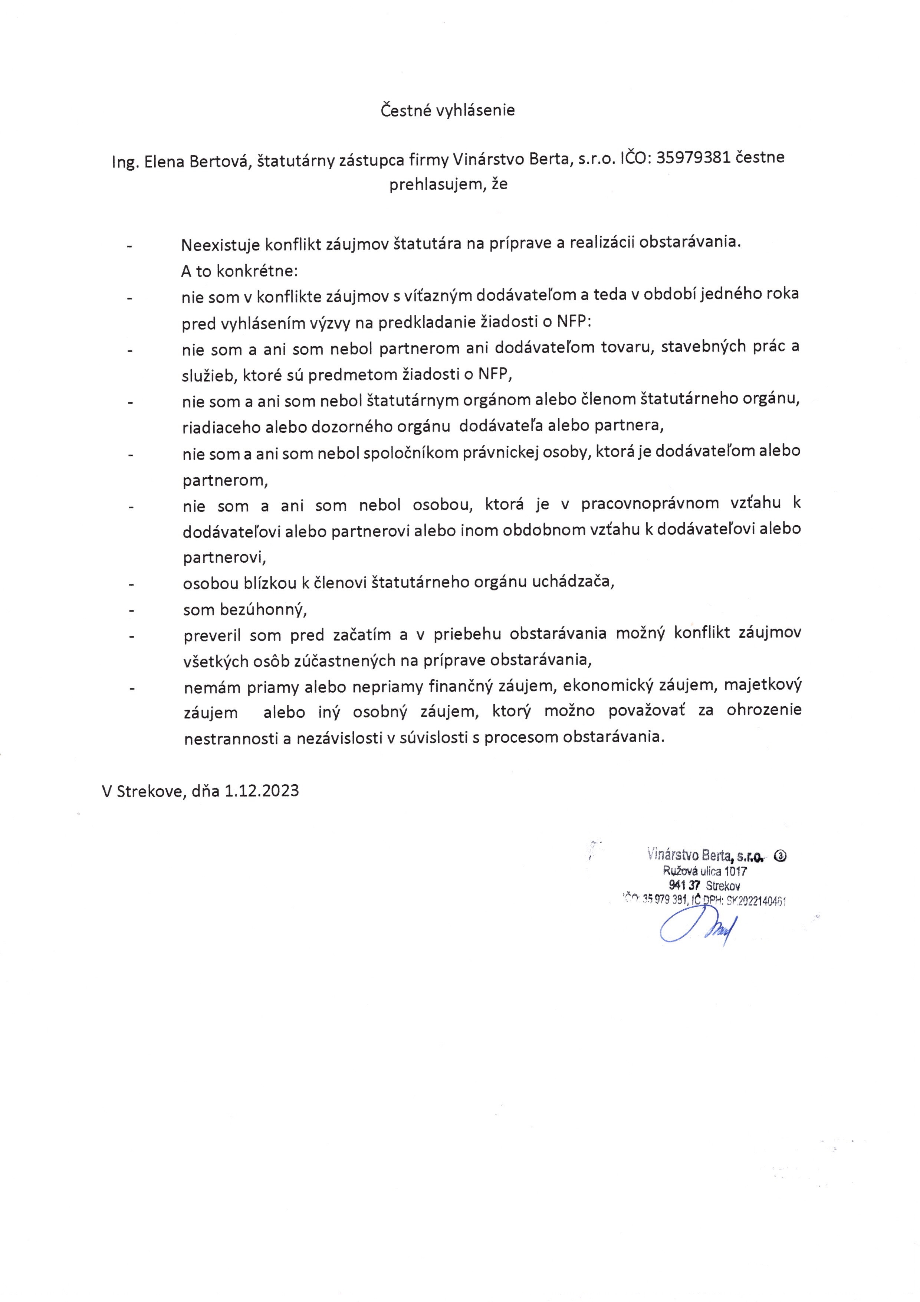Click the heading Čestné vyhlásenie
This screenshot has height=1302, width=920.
pyautogui.click(x=447, y=110)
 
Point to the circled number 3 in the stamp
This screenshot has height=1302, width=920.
pyautogui.click(x=779, y=857)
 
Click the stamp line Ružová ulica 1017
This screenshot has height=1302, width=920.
pyautogui.click(x=704, y=871)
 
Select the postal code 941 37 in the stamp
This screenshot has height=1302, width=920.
pyautogui.click(x=685, y=885)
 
